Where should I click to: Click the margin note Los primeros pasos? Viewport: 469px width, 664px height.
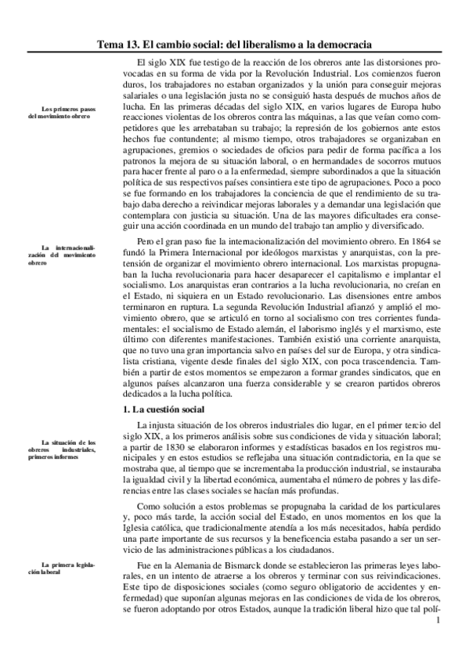(x=60, y=110)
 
